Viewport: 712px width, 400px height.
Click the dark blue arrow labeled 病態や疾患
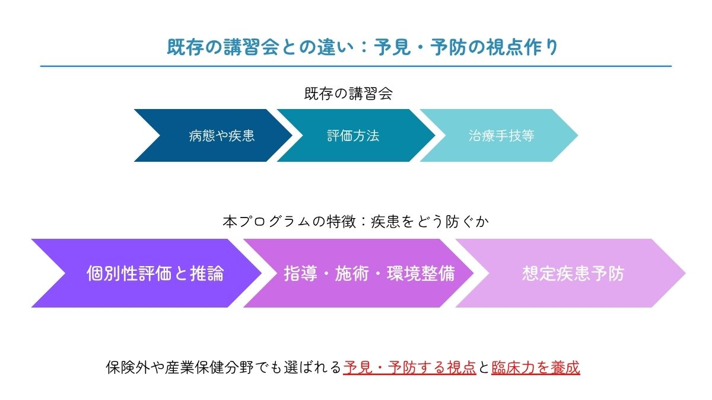(x=221, y=136)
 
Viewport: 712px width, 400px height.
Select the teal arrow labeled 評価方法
(x=353, y=136)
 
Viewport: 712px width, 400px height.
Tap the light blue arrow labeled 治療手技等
(x=501, y=136)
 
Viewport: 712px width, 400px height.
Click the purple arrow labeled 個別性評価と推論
(x=155, y=273)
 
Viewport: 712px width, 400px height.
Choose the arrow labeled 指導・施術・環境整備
(x=369, y=273)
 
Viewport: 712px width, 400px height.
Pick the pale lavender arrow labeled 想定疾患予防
(x=573, y=273)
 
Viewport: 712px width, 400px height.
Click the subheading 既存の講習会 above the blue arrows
(x=348, y=94)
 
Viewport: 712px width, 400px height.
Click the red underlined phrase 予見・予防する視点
(x=409, y=367)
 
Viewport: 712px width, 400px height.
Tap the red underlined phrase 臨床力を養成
(x=535, y=367)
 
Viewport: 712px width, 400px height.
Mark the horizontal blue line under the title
(x=356, y=66)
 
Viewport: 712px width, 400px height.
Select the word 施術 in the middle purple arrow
(x=352, y=273)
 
